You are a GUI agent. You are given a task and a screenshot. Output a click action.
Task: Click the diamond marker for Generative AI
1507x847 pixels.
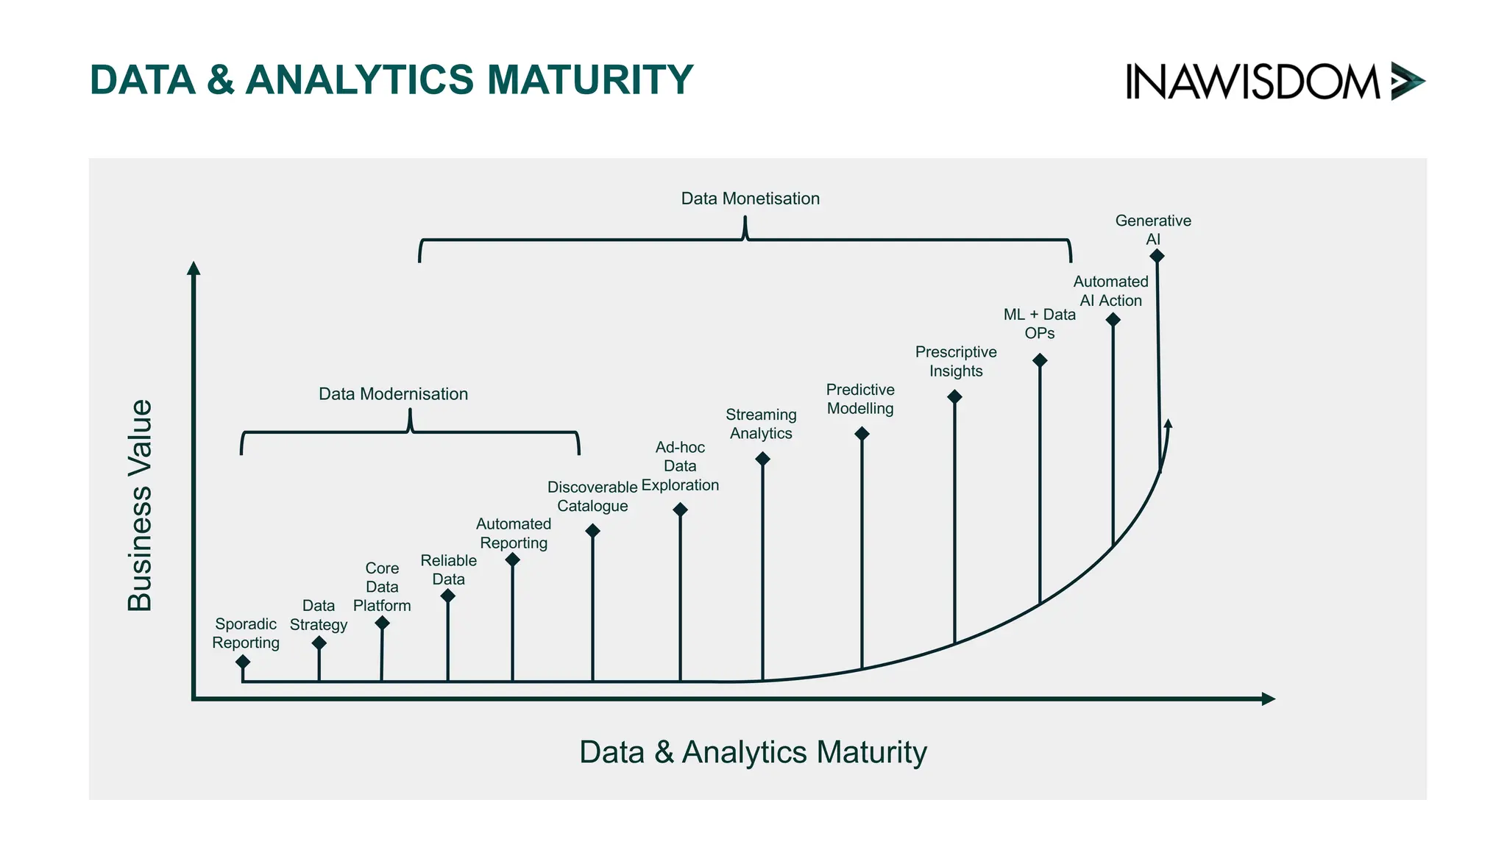[x=1157, y=256]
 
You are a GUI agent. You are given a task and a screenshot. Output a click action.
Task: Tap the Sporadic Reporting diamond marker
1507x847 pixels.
[x=243, y=662]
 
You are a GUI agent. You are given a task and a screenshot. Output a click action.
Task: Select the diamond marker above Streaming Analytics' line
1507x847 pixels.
[x=762, y=459]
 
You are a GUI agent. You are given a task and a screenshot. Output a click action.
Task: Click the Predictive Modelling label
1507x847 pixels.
[x=860, y=399]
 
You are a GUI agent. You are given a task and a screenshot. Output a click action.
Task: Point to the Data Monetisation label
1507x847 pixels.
[x=750, y=199]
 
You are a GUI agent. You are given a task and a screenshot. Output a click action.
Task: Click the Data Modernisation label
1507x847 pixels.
[x=393, y=394]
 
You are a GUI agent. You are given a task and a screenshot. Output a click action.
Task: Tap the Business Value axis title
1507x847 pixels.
[x=140, y=505]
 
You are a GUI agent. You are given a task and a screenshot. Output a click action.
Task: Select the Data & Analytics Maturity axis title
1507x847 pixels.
[x=753, y=752]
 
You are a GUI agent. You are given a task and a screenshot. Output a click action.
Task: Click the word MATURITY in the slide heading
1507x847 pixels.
[x=589, y=79]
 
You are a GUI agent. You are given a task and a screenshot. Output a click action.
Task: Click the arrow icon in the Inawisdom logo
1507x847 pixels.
[x=1407, y=81]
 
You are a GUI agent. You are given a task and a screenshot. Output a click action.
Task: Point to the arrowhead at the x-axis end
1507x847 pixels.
[x=1268, y=699]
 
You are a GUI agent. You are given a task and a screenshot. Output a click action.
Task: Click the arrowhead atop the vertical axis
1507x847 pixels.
[x=194, y=268]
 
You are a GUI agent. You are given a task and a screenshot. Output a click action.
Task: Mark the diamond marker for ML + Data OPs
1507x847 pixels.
[x=1040, y=360]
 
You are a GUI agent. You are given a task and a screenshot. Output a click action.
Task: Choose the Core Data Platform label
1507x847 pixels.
[x=382, y=587]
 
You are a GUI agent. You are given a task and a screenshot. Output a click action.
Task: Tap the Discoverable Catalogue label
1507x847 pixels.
[x=592, y=496]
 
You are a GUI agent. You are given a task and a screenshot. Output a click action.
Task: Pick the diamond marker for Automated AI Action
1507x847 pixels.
[x=1113, y=320]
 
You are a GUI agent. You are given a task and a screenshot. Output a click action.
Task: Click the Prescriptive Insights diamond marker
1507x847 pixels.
[x=954, y=397]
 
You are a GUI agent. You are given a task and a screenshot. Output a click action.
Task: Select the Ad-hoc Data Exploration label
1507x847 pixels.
[x=680, y=466]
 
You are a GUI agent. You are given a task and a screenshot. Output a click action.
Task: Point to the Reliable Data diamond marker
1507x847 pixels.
[x=447, y=596]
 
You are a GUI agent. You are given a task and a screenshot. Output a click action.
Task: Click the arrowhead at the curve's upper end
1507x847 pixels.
[x=1168, y=423]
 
